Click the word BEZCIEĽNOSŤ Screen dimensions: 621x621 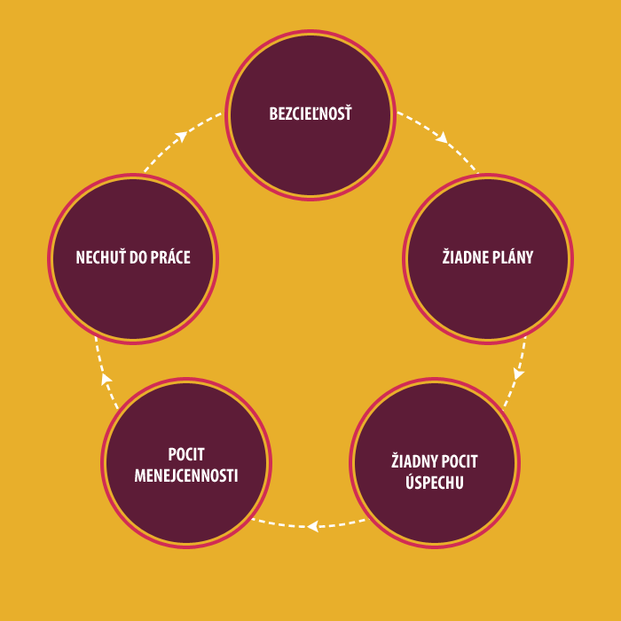[310, 114]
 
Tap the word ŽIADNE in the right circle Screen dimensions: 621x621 [465, 257]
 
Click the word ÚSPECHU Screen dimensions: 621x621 [434, 483]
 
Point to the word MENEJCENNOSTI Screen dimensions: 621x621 [186, 475]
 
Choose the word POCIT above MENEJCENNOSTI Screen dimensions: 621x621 [186, 454]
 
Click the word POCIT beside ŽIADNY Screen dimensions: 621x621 [460, 461]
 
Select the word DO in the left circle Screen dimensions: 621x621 [141, 257]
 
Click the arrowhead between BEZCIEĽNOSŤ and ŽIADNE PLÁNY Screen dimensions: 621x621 [442, 138]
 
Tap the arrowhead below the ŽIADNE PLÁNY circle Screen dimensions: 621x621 [518, 373]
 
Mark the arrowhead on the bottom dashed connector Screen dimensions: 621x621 [311, 526]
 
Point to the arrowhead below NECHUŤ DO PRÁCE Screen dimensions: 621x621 [106, 380]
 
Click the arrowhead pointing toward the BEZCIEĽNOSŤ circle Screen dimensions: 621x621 [182, 136]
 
